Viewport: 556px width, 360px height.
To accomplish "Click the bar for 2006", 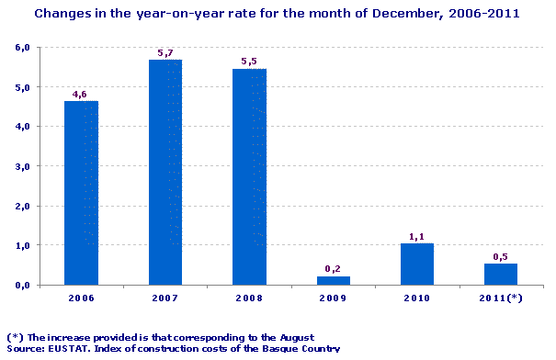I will coord(81,193).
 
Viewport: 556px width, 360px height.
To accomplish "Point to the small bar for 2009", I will coord(333,280).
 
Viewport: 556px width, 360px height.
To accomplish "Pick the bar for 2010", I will coord(416,264).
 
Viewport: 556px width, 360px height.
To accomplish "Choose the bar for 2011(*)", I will coord(500,275).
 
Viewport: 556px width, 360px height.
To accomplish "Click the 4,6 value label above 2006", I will coord(81,94).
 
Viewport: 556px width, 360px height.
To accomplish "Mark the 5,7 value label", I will coord(165,53).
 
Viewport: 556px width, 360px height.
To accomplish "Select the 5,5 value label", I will coord(249,62).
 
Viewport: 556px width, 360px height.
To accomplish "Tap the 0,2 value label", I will coord(333,268).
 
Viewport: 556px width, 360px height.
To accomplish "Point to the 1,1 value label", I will coord(416,236).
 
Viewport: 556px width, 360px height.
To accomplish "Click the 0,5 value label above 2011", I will coord(500,257).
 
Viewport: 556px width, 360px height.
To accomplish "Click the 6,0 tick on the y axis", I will coord(22,47).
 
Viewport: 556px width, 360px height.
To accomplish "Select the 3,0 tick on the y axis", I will coord(22,166).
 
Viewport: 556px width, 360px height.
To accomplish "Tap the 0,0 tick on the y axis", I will coord(22,286).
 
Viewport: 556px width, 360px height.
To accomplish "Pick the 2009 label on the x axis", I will coord(333,298).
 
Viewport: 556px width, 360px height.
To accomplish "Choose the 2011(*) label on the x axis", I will coord(500,298).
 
